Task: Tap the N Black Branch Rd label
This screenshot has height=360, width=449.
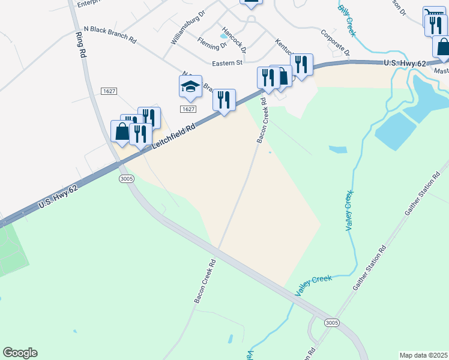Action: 110,32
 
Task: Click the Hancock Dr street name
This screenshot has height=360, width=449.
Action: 234,38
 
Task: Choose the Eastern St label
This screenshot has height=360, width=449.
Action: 226,62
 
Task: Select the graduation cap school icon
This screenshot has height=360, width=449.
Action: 190,86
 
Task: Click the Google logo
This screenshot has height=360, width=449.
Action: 20,353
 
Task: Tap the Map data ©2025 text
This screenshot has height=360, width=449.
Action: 423,355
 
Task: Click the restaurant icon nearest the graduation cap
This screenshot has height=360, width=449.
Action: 224,100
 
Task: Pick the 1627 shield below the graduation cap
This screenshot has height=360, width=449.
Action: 188,109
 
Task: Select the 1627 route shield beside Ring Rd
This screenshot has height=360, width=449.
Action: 109,91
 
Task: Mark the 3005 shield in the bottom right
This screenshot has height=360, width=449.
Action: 331,323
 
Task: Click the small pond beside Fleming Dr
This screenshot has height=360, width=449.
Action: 223,35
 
